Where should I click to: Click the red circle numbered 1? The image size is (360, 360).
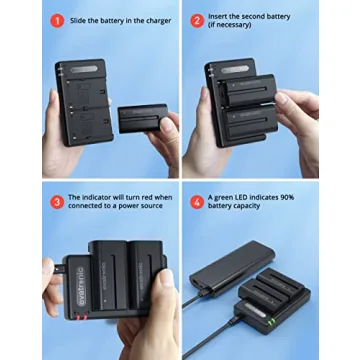coord(58,20)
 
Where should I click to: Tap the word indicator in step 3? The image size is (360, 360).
coord(99,198)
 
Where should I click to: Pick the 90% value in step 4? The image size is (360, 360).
coord(294,198)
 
